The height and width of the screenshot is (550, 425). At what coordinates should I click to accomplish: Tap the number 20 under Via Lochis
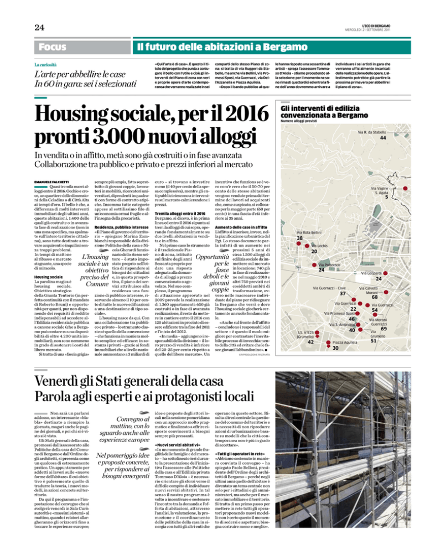(x=313, y=252)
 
